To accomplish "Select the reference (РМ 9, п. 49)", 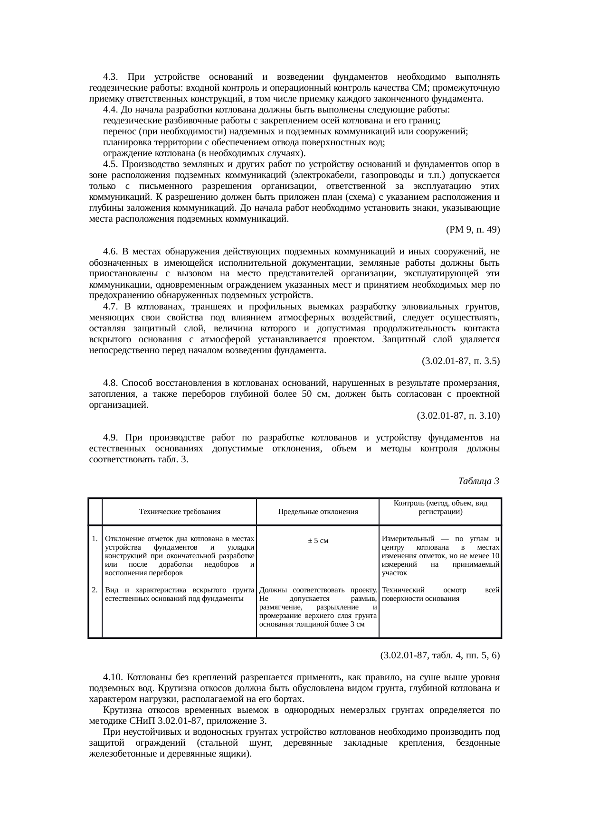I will (473, 230).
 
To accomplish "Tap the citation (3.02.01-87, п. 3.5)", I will (460, 361).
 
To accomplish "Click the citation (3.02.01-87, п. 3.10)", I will (458, 416).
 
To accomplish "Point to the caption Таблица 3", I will (478, 481).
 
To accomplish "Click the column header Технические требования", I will (180, 512).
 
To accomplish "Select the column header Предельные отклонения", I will (318, 512).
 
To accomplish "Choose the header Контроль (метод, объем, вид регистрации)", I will (440, 507).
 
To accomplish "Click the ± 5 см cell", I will (318, 541).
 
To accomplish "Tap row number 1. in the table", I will (95, 539).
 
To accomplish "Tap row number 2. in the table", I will (95, 590).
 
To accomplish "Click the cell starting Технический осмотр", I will (440, 594).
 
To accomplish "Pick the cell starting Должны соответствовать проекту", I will (318, 607).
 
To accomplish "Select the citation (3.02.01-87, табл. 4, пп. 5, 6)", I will (440, 655).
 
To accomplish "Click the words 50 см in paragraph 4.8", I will (312, 394).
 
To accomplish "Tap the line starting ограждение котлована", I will (204, 154).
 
